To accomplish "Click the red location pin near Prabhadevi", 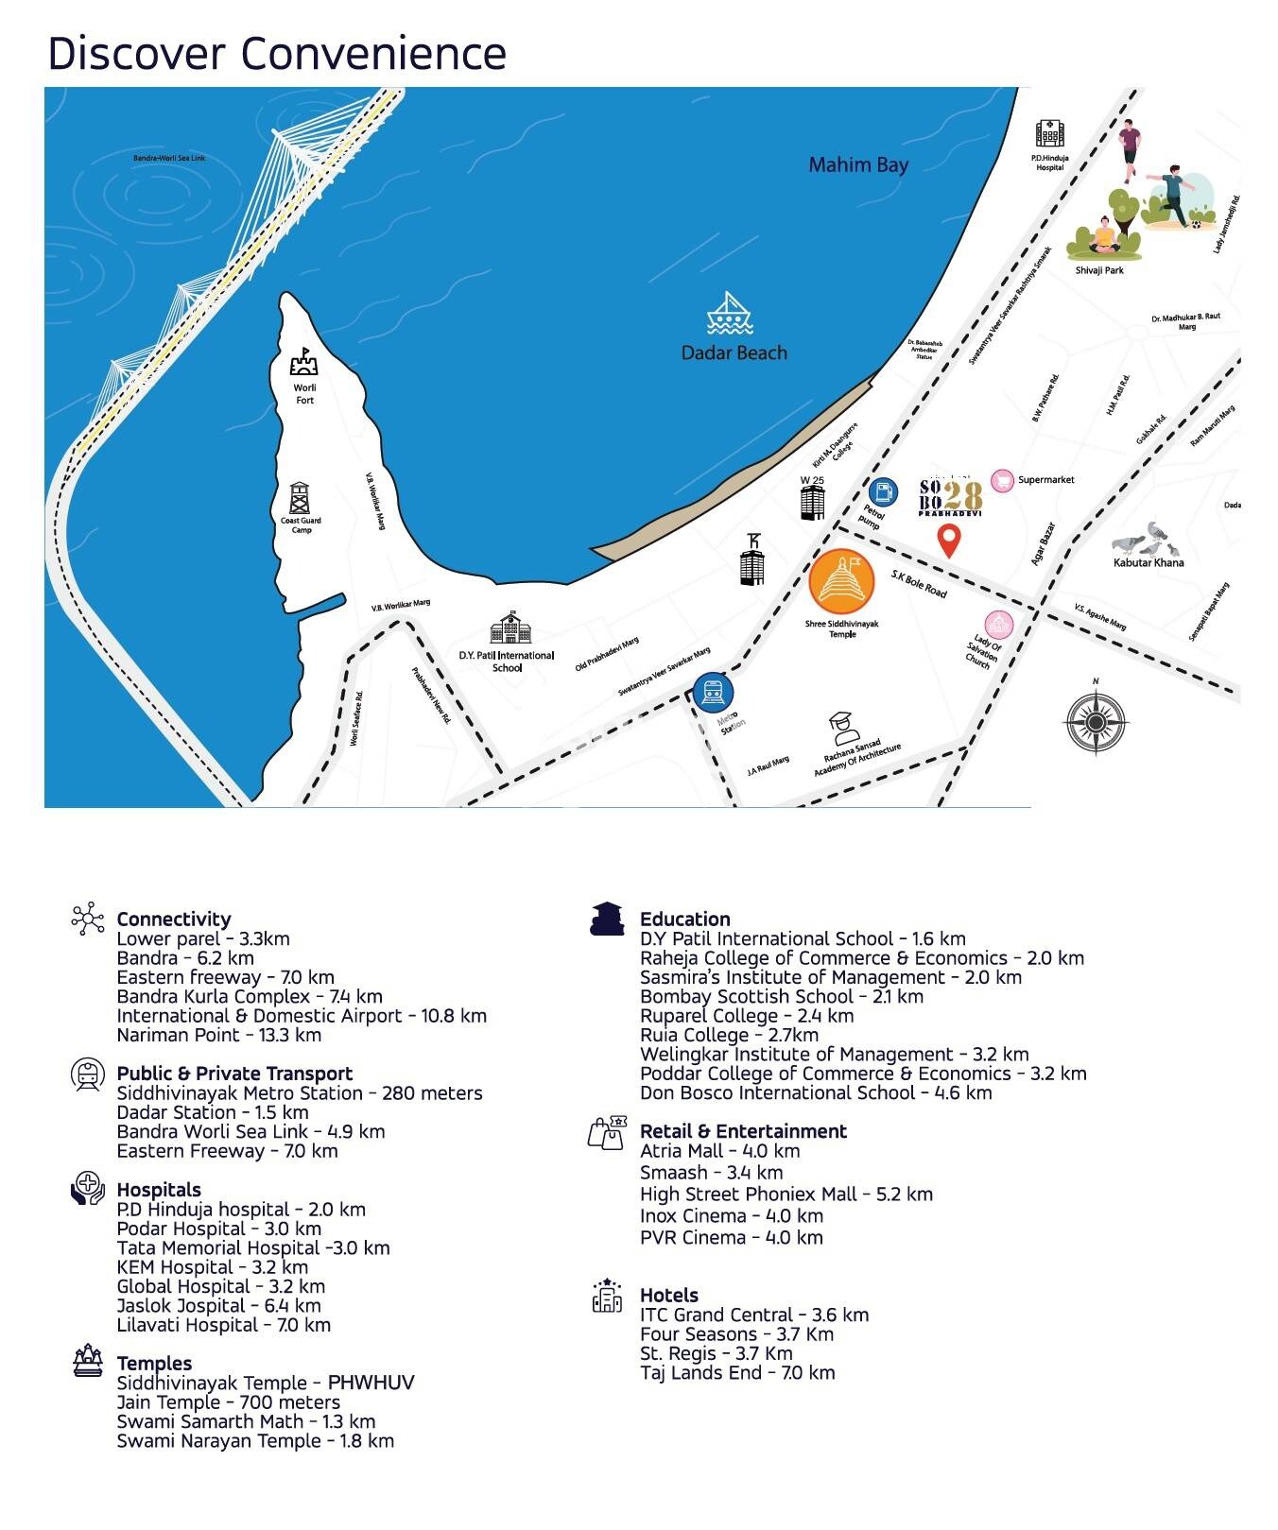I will tap(949, 541).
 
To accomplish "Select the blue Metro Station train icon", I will tap(713, 693).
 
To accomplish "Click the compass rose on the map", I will tap(1096, 722).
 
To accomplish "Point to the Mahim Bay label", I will tap(857, 165).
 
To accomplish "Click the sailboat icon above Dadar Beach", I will tap(729, 314).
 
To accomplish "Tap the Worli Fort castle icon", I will tap(304, 362).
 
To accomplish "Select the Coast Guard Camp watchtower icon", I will tap(301, 498).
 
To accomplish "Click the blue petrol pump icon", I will tap(883, 492).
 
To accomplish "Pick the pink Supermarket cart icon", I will tap(1002, 480).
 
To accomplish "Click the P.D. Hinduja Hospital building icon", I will tap(1049, 134).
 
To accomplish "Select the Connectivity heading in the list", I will tap(174, 920).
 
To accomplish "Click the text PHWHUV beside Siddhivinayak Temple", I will tap(371, 1383).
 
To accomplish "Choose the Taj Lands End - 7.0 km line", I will tap(737, 1373).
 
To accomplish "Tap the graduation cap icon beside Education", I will tap(607, 919).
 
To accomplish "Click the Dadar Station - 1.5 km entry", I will tap(213, 1112).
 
